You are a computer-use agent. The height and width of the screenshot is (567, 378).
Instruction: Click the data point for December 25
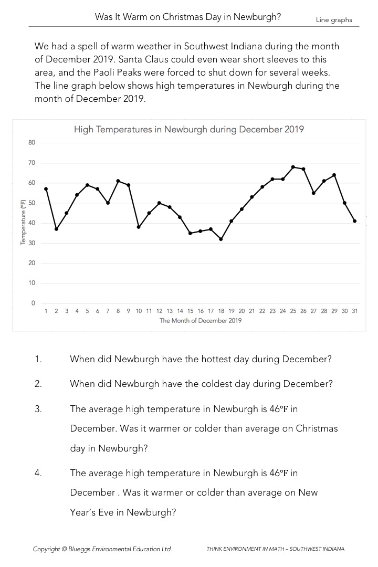293,167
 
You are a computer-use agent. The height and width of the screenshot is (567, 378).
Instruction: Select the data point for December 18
221,239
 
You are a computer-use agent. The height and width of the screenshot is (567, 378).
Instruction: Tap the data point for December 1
46,189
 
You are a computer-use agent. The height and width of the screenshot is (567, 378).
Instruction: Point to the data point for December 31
355,221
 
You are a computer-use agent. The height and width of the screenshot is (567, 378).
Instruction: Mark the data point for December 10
139,227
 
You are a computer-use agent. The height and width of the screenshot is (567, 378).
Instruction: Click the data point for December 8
118,181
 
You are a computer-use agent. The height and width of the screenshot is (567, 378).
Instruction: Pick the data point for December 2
56,229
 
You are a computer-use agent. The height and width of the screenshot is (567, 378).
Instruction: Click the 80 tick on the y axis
31,143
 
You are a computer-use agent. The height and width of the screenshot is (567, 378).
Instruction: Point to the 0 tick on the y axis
33,303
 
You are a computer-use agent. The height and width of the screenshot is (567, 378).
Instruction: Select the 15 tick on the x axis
190,311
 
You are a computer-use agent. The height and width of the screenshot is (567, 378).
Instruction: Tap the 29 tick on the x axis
334,311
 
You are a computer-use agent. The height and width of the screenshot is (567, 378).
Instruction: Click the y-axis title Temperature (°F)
23,223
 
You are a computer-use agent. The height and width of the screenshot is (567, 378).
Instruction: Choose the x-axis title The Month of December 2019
201,320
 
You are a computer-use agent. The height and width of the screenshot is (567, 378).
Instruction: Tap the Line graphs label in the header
334,20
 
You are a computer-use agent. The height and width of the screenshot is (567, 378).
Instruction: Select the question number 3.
38,408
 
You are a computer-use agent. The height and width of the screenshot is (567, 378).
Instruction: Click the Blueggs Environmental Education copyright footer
102,549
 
